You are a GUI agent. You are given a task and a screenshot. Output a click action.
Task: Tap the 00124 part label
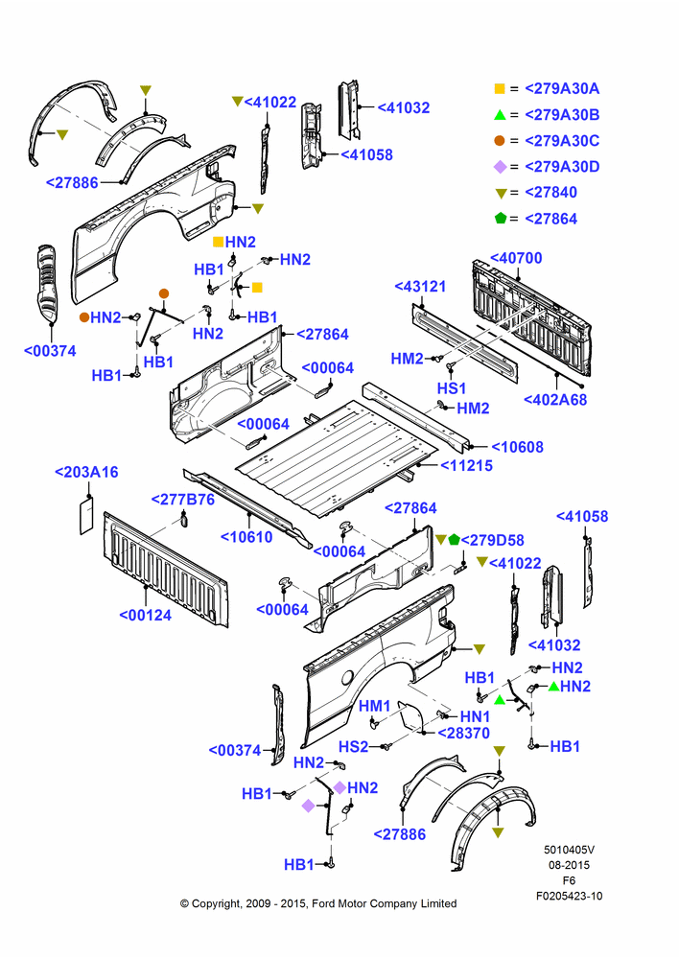pos(146,616)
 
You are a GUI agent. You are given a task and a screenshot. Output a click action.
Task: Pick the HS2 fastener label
pos(354,747)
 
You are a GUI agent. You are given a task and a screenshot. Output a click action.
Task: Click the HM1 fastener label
pos(374,707)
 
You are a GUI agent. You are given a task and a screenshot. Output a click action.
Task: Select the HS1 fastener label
pos(452,388)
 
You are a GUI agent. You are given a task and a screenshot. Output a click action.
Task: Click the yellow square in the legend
pos(500,88)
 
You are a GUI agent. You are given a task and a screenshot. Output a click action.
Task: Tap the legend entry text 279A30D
pos(562,167)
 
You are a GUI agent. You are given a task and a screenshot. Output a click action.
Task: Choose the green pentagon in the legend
pos(501,218)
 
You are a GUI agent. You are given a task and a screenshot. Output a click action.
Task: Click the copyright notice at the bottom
pos(318,903)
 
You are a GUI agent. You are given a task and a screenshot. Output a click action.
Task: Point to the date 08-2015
pos(569,865)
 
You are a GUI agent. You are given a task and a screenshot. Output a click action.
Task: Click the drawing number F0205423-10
pos(569,896)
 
